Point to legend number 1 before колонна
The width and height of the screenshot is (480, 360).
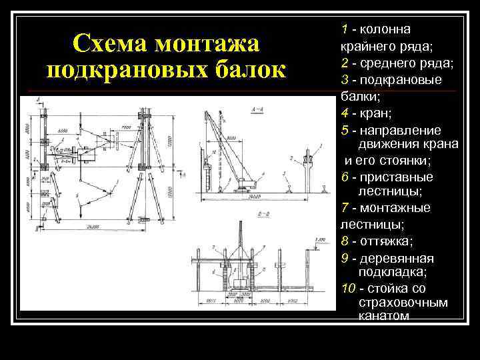[345, 30]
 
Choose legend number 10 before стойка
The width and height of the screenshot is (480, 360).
[348, 289]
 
